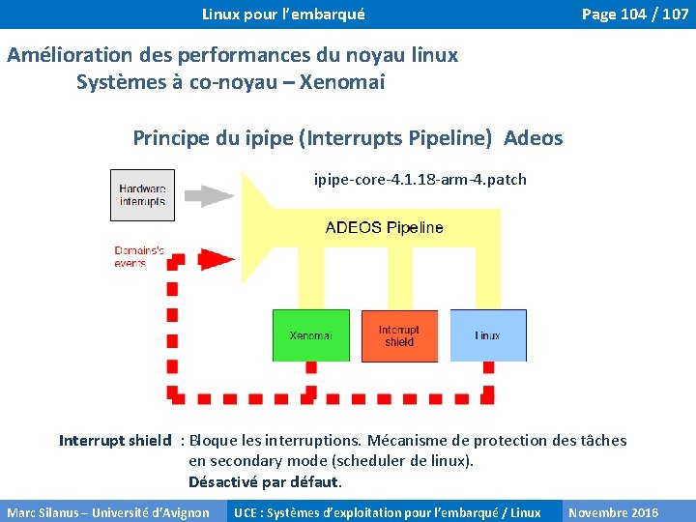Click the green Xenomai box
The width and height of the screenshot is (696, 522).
pyautogui.click(x=310, y=335)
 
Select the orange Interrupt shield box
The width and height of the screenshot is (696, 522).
pyautogui.click(x=398, y=335)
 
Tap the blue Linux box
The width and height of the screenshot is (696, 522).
pyautogui.click(x=488, y=335)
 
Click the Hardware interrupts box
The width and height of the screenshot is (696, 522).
pyautogui.click(x=142, y=195)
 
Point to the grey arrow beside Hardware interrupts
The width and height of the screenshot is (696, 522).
pyautogui.click(x=210, y=195)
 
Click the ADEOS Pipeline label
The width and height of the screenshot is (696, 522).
pyautogui.click(x=384, y=228)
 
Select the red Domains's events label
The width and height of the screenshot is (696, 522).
pyautogui.click(x=139, y=256)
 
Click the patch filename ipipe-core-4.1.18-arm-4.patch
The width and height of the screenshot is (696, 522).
pyautogui.click(x=420, y=179)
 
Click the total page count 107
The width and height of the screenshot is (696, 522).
pyautogui.click(x=675, y=14)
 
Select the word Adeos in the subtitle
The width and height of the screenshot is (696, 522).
pyautogui.click(x=534, y=138)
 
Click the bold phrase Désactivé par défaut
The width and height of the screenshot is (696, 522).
pyautogui.click(x=265, y=481)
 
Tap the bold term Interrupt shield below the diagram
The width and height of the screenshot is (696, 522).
pyautogui.click(x=115, y=441)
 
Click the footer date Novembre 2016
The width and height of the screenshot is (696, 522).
pyautogui.click(x=613, y=512)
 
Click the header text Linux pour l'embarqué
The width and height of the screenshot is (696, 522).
pyautogui.click(x=283, y=14)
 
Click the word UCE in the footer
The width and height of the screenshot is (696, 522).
pyautogui.click(x=246, y=512)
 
